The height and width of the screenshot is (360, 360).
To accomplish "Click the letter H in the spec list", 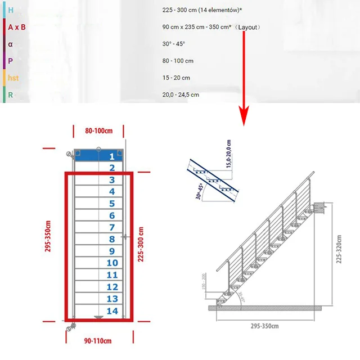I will coord(10,10).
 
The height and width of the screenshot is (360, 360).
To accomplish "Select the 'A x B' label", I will coord(17,27).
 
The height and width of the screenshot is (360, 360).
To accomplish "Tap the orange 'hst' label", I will coord(14,78).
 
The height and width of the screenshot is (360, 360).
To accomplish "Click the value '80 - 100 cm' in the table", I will coord(178,61).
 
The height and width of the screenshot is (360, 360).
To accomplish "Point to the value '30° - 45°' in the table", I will coord(174,44).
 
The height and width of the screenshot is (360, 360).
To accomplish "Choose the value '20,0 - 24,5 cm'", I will coord(181,94).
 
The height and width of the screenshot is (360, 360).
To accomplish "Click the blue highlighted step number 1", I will coord(111,156).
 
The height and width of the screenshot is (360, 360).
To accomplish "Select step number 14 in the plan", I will coord(111,311).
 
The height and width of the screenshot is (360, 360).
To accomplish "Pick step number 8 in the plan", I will coord(111,240).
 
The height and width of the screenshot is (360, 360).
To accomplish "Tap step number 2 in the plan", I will coord(111,168).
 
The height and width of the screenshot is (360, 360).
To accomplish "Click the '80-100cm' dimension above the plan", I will coord(98,130).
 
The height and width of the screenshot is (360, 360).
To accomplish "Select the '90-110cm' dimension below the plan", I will coord(98,341).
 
